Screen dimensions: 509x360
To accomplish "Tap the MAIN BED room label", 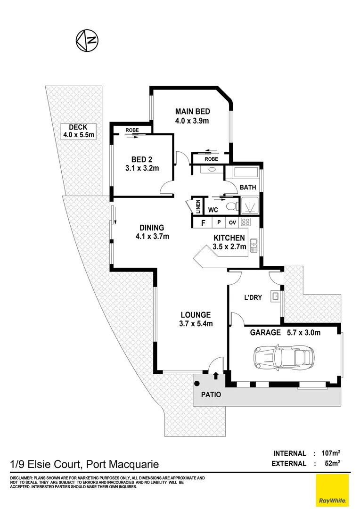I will click(192, 116).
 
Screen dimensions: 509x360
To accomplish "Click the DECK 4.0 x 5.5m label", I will click(79, 131).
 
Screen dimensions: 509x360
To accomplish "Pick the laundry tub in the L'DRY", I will click(275, 296).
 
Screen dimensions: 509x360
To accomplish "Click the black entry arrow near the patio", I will click(216, 376).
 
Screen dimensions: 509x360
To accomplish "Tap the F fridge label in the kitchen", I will click(203, 222).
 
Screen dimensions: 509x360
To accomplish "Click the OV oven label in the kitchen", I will click(233, 222).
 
